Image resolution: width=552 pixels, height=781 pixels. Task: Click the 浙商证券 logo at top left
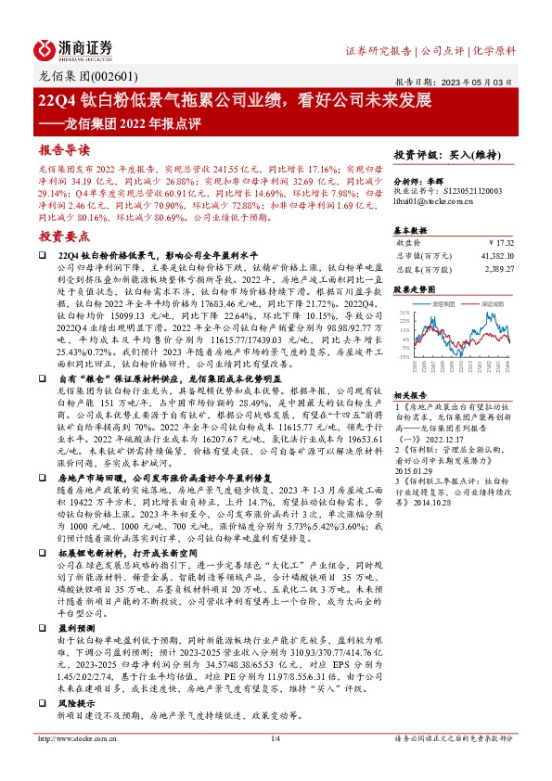[75, 48]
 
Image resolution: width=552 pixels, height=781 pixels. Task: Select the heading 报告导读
[64, 149]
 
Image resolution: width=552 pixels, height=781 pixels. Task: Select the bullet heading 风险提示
[73, 665]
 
